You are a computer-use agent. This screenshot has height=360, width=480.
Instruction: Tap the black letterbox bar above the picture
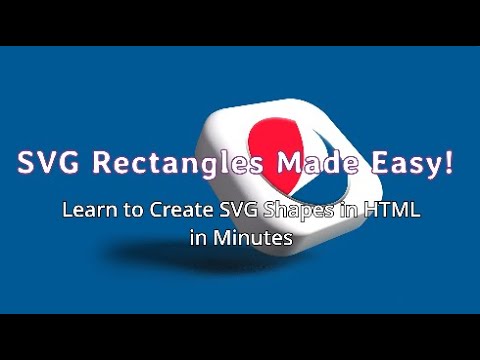[240, 21]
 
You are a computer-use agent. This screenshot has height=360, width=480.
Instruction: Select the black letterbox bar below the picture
[240, 337]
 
